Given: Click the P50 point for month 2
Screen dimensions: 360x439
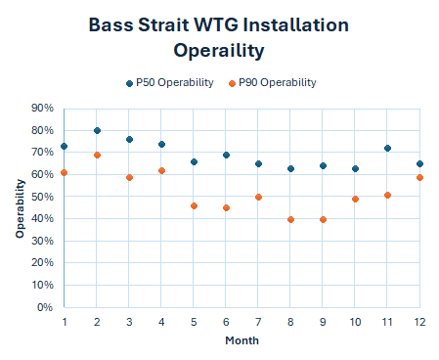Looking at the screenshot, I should click(97, 130).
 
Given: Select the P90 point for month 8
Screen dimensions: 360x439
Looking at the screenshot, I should click(291, 219).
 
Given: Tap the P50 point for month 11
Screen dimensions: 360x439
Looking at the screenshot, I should click(388, 148).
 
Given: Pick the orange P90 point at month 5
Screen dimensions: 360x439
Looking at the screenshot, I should click(194, 205).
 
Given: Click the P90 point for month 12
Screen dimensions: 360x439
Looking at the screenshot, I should click(419, 177).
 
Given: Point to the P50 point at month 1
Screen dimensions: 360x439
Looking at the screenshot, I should click(65, 146).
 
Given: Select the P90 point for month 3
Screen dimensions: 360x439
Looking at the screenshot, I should click(129, 177).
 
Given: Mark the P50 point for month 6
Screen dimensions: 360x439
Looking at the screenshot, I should click(226, 155).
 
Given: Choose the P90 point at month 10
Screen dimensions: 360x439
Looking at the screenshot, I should click(356, 199).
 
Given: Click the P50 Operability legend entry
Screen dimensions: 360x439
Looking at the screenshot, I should click(169, 83).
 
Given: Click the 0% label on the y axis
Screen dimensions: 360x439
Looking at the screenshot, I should click(44, 307).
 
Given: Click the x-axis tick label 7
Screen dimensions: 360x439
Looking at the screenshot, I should click(258, 322).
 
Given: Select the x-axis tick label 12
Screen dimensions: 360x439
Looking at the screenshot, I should click(419, 322).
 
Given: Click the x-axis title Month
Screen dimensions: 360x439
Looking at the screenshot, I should click(241, 340).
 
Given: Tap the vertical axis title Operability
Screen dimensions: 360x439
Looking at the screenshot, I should click(19, 207).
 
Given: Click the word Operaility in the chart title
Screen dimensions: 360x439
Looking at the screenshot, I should click(219, 49).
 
